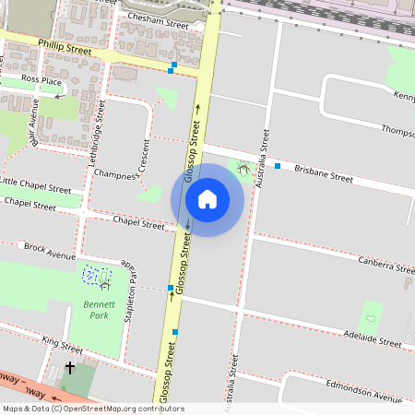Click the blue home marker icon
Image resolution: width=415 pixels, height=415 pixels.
(x=207, y=199)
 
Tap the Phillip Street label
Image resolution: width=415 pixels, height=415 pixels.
(x=65, y=47)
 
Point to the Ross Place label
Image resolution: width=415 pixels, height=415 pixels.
(x=41, y=80)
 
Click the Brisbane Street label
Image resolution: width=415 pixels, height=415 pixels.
(x=324, y=172)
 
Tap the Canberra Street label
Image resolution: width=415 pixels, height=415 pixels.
(x=386, y=266)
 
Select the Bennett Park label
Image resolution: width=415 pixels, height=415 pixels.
(x=95, y=310)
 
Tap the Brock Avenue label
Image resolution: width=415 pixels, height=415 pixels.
(x=50, y=249)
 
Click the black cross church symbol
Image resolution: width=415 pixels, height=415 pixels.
(x=69, y=368)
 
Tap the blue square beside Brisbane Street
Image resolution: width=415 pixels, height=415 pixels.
(x=278, y=166)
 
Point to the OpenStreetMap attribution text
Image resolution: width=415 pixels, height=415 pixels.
(x=92, y=409)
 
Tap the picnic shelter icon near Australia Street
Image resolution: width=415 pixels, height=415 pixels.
(x=243, y=169)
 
